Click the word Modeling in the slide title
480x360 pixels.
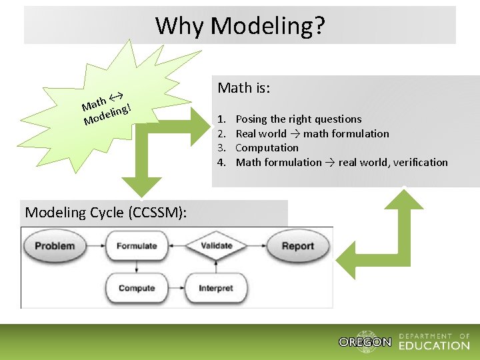[x=267, y=26]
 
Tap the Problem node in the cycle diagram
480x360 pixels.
[x=55, y=246]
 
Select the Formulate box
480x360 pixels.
[x=137, y=246]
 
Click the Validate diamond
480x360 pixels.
[x=216, y=245]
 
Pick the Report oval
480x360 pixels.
[x=297, y=246]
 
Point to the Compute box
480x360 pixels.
[x=137, y=289]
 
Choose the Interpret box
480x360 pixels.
[x=216, y=289]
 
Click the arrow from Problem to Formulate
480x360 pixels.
[x=95, y=246]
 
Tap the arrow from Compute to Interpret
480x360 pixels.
[x=175, y=289]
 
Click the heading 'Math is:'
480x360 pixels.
[x=243, y=88]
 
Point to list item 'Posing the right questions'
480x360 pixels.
[x=299, y=119]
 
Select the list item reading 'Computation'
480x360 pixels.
[x=267, y=148]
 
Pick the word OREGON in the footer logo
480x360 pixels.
[x=365, y=342]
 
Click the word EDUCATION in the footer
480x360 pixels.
[x=434, y=345]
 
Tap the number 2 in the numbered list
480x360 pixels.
[x=221, y=134]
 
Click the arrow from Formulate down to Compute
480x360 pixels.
[x=137, y=267]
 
